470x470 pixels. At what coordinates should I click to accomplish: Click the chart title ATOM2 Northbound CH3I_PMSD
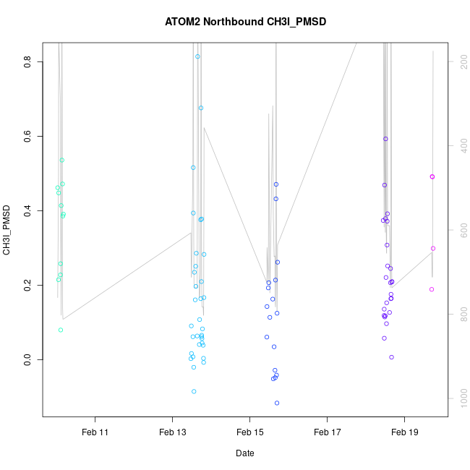pos(246,21)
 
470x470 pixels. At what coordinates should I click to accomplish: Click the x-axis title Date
pos(244,453)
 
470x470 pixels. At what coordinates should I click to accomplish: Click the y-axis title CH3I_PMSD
pos(7,229)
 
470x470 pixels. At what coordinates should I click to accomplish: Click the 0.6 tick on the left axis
pos(28,136)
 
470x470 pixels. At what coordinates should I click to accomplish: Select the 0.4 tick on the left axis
pos(28,210)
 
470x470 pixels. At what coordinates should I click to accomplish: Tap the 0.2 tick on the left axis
pos(28,285)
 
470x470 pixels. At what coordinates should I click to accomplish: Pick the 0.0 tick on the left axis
pos(28,359)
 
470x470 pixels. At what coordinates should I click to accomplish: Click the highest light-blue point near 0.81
pos(197,56)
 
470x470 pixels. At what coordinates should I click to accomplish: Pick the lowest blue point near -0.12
pos(277,403)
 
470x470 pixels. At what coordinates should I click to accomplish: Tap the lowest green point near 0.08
pos(61,330)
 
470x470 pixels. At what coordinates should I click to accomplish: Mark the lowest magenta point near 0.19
pos(432,289)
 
